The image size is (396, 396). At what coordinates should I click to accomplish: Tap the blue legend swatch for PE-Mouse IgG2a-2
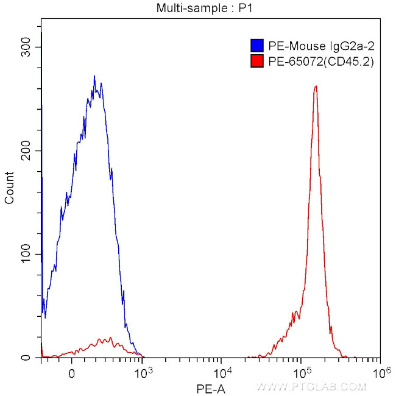(x=256, y=46)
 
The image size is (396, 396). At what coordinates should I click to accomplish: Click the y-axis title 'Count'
(x=10, y=188)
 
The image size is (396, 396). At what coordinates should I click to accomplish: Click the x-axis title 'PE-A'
(x=211, y=387)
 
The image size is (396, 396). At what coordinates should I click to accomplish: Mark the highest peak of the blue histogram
(x=94, y=77)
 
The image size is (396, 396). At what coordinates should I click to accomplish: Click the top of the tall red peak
(x=316, y=87)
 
